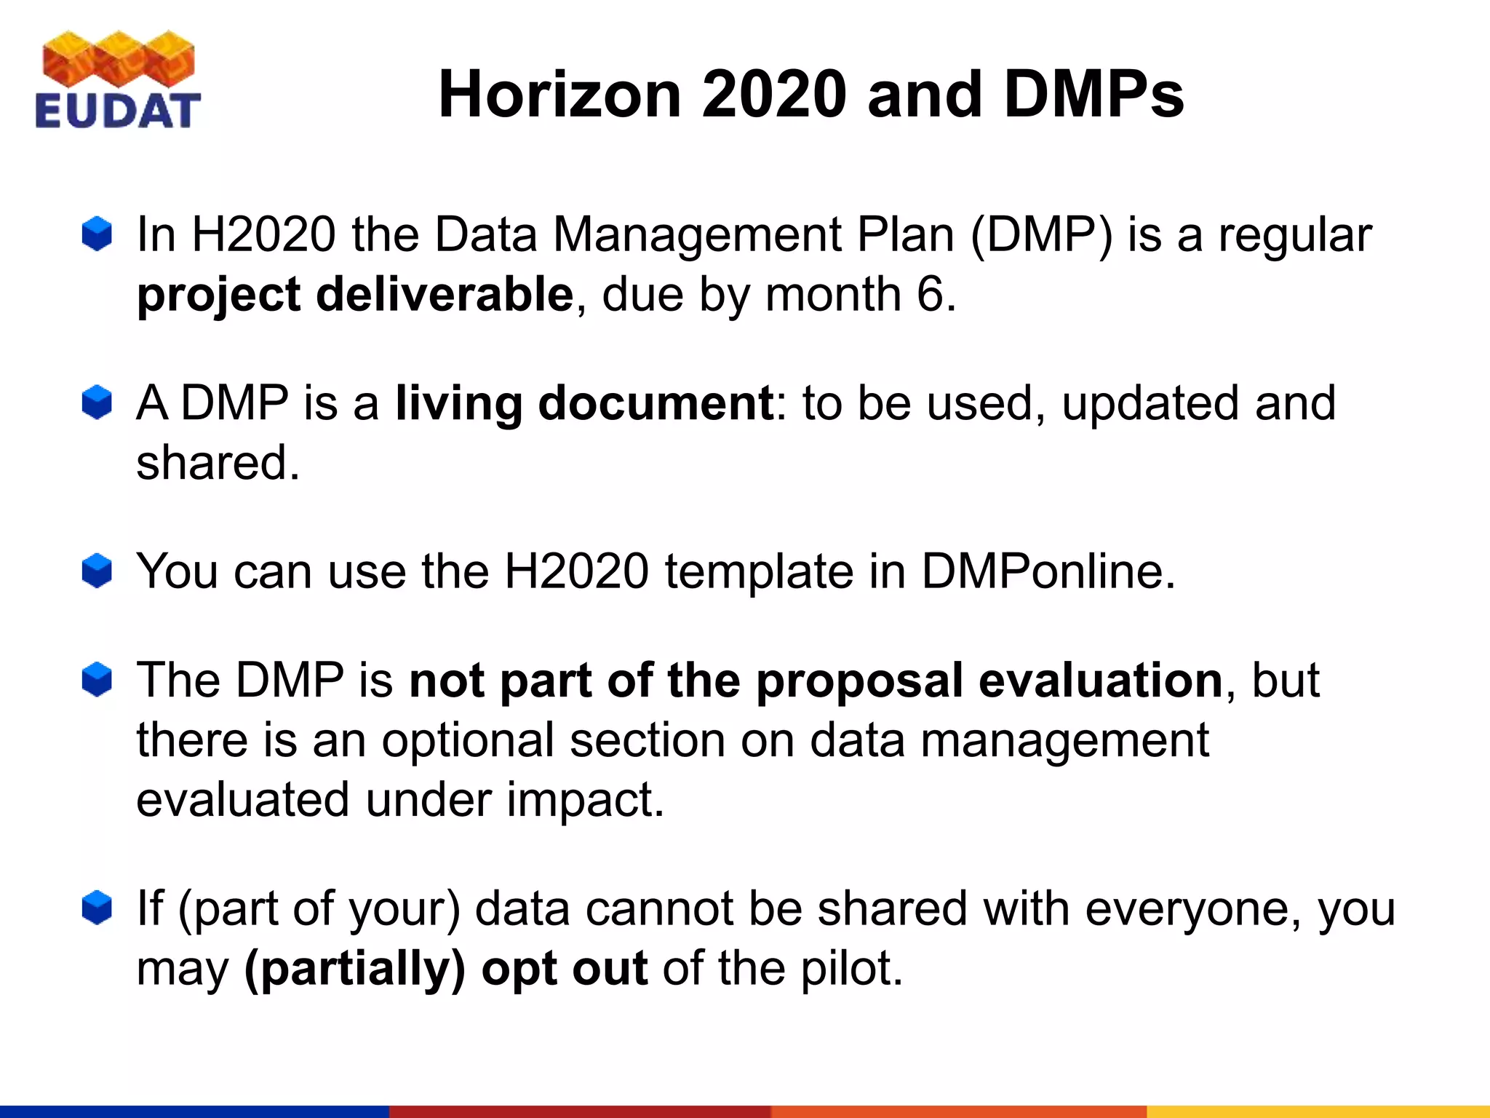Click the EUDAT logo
tap(117, 80)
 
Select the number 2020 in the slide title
tap(775, 95)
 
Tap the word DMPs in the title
tap(1094, 95)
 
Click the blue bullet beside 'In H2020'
tap(97, 234)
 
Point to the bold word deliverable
tap(445, 295)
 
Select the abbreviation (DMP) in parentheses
tap(1042, 235)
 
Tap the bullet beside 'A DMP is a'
tap(97, 403)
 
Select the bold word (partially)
tap(354, 970)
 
